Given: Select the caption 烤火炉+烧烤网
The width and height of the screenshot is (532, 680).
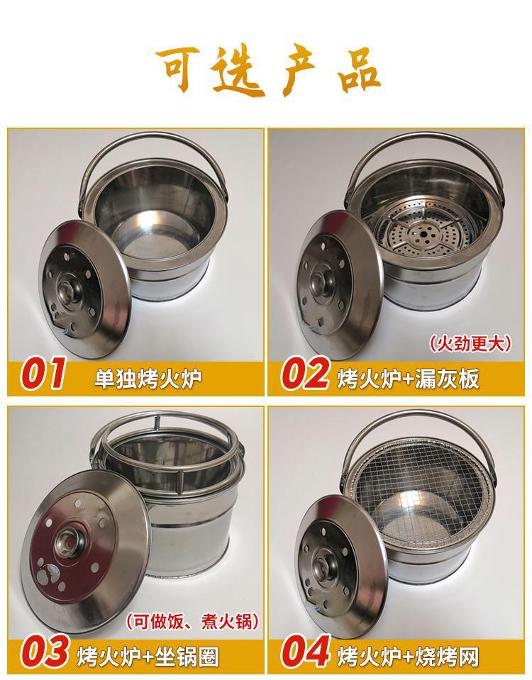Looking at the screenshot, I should (x=409, y=654).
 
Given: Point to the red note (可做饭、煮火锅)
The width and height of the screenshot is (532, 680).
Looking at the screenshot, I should (x=192, y=622).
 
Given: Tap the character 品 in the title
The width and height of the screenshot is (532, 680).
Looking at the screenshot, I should (x=354, y=71).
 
